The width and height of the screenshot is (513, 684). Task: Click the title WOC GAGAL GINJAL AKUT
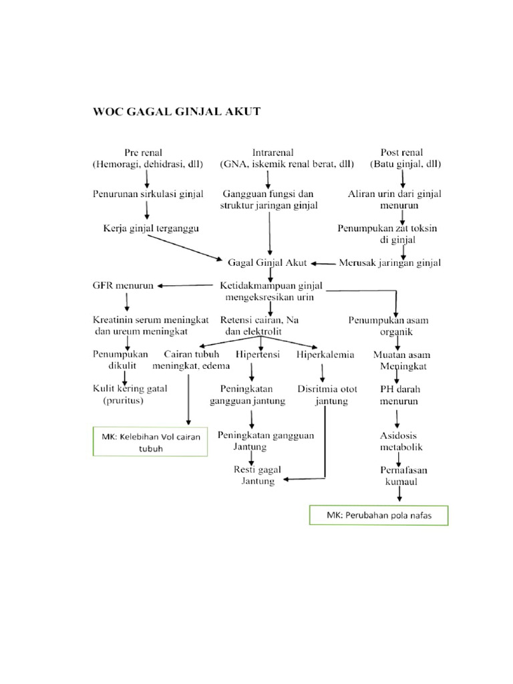pyautogui.click(x=176, y=112)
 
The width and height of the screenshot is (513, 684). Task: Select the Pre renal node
pyautogui.click(x=143, y=152)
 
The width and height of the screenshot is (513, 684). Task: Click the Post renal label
pyautogui.click(x=401, y=152)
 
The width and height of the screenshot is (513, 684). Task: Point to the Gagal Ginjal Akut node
pyautogui.click(x=267, y=263)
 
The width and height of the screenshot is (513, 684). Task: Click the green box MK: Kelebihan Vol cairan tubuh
pyautogui.click(x=150, y=443)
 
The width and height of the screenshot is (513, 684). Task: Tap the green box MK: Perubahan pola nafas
pyautogui.click(x=379, y=516)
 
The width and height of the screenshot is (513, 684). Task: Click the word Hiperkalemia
pyautogui.click(x=325, y=355)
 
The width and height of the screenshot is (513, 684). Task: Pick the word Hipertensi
pyautogui.click(x=257, y=355)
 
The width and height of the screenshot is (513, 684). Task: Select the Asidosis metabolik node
pyautogui.click(x=401, y=441)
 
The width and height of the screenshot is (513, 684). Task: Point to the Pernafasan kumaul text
pyautogui.click(x=401, y=476)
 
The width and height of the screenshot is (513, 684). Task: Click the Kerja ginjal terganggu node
pyautogui.click(x=152, y=228)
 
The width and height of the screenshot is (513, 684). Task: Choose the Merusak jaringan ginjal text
pyautogui.click(x=391, y=263)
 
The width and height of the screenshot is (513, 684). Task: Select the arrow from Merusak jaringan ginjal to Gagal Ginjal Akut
pyautogui.click(x=324, y=263)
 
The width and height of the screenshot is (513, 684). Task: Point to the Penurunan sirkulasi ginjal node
pyautogui.click(x=147, y=194)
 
